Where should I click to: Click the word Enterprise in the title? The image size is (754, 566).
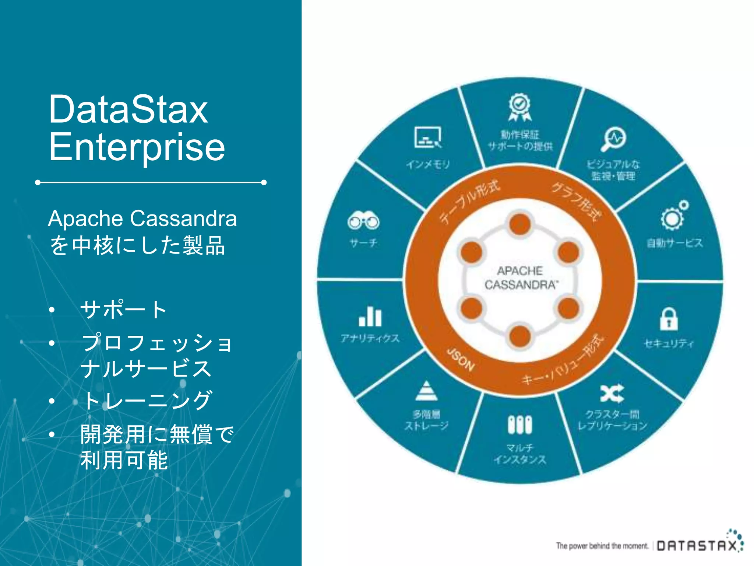137,147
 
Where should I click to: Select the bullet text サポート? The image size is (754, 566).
124,309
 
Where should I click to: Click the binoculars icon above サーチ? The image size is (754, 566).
363,221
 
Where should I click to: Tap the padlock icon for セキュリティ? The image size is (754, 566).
669,319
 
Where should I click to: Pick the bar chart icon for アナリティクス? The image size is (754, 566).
370,317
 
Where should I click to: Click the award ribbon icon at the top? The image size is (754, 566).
519,107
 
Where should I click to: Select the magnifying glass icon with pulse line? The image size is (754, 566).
614,139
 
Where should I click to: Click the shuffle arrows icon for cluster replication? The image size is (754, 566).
612,393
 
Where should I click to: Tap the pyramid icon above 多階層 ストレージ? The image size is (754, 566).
426,391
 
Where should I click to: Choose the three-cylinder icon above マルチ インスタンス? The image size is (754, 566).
520,425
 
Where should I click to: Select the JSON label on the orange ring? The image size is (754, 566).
460,359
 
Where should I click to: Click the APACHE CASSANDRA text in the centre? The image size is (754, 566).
520,278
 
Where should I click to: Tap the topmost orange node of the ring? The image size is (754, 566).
520,224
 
